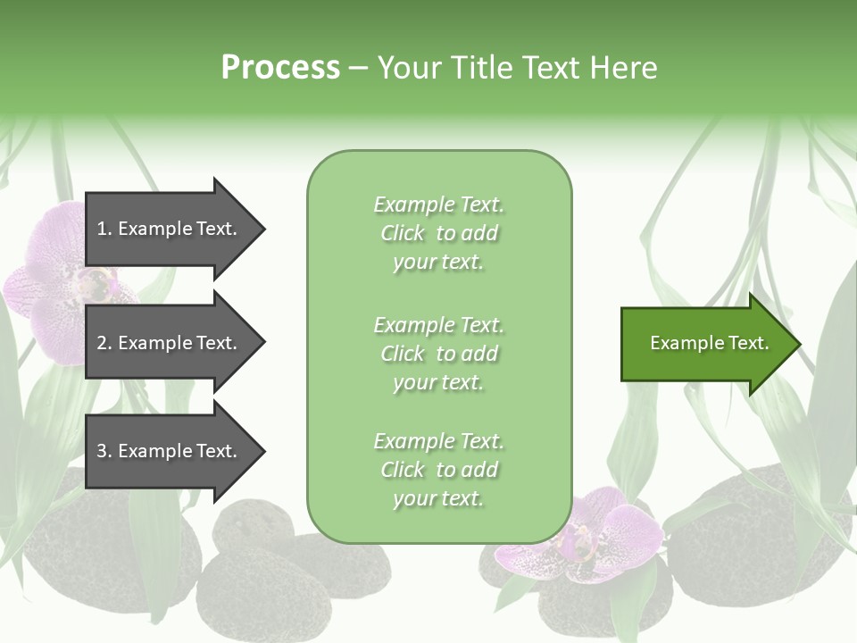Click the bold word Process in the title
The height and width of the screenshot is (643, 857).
[x=280, y=68]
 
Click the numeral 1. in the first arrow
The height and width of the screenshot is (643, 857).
[x=104, y=229]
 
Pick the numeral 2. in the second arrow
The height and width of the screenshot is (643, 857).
[x=104, y=343]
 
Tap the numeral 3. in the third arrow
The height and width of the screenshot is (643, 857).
[x=104, y=451]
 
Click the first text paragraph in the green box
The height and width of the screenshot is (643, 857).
[x=438, y=233]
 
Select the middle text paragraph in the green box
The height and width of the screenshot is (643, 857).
[x=438, y=354]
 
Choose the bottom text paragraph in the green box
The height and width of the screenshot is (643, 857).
[x=438, y=470]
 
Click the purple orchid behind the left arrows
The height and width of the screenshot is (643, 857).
[x=54, y=286]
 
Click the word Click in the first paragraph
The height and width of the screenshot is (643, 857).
[x=402, y=233]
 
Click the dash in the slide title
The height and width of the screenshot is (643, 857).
[x=358, y=68]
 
